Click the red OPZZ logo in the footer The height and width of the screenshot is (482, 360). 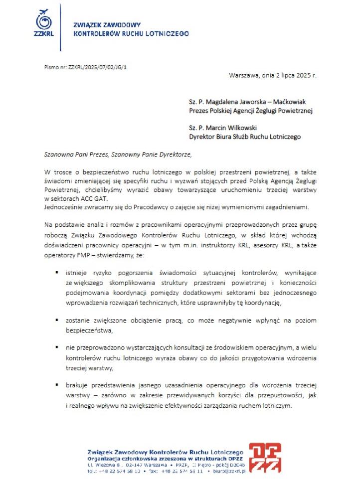(x=265, y=458)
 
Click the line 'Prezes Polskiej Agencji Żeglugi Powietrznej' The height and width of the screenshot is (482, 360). (x=250, y=111)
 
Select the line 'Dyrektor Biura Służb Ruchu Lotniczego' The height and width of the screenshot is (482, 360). (x=245, y=136)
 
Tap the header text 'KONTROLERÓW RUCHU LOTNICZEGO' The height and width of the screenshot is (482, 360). (x=131, y=34)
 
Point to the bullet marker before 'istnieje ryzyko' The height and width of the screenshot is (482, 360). (x=58, y=273)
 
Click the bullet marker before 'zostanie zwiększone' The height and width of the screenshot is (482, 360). (x=58, y=321)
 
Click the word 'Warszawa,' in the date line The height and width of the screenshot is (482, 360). (x=244, y=76)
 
